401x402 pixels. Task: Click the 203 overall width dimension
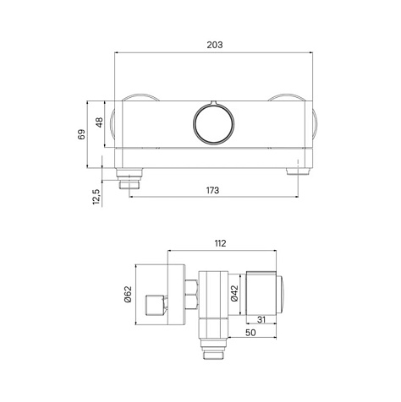coord(215,45)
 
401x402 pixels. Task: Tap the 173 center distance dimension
coord(212,191)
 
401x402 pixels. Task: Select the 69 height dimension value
coord(81,134)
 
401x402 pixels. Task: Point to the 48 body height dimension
coord(99,122)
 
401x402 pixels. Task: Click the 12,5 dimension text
coord(96,196)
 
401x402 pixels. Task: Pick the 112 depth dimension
coord(220,243)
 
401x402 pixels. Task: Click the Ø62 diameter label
coord(128,294)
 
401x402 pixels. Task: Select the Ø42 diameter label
coord(234,293)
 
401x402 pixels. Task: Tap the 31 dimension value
coord(261,319)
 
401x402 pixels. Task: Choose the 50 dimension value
coord(250,333)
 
